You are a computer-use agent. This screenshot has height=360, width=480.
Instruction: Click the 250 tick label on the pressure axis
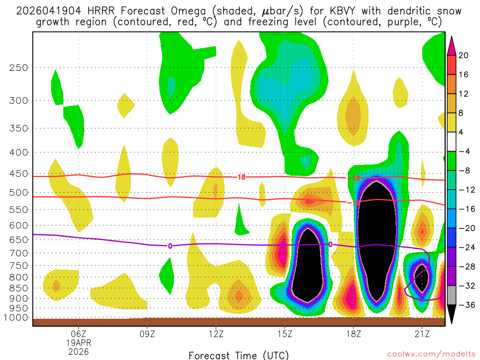pos(19,67)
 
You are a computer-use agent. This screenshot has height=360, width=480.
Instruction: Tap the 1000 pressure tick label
pos(16,317)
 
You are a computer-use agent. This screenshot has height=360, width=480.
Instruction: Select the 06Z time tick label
pos(78,334)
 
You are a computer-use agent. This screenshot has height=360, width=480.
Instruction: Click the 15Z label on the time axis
pos(285,334)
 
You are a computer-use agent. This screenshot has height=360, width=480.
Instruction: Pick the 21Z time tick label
pos(422,334)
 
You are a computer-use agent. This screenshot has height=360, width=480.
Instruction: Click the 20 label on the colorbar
pos(464,55)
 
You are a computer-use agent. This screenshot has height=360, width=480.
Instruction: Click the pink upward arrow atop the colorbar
pos(451,45)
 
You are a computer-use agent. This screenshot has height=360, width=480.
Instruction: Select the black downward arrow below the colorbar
pos(451,315)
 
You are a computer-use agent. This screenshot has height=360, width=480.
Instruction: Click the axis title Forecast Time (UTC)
pos(239,355)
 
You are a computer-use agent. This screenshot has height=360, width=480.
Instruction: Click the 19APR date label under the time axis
pos(78,343)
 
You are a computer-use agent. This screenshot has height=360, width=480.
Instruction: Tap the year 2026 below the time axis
pos(78,351)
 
